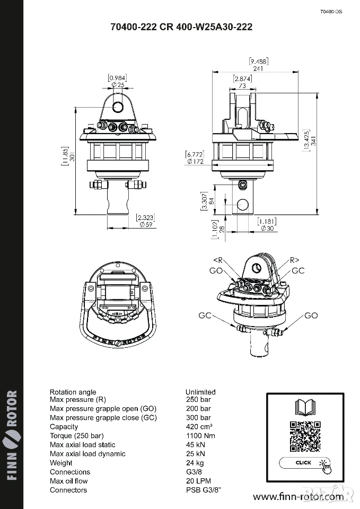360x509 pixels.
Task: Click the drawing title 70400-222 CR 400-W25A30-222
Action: pyautogui.click(x=181, y=27)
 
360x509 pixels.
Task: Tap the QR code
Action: pyautogui.click(x=305, y=436)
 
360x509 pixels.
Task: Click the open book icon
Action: pyautogui.click(x=305, y=407)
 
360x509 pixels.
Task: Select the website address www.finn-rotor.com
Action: pyautogui.click(x=298, y=497)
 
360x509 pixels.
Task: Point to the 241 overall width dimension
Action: pyautogui.click(x=258, y=68)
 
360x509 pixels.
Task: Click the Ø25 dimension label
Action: pyautogui.click(x=118, y=85)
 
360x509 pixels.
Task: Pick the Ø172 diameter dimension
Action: pyautogui.click(x=195, y=161)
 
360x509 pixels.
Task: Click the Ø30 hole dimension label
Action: pyautogui.click(x=267, y=229)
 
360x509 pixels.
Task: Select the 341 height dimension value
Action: pyautogui.click(x=313, y=142)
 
